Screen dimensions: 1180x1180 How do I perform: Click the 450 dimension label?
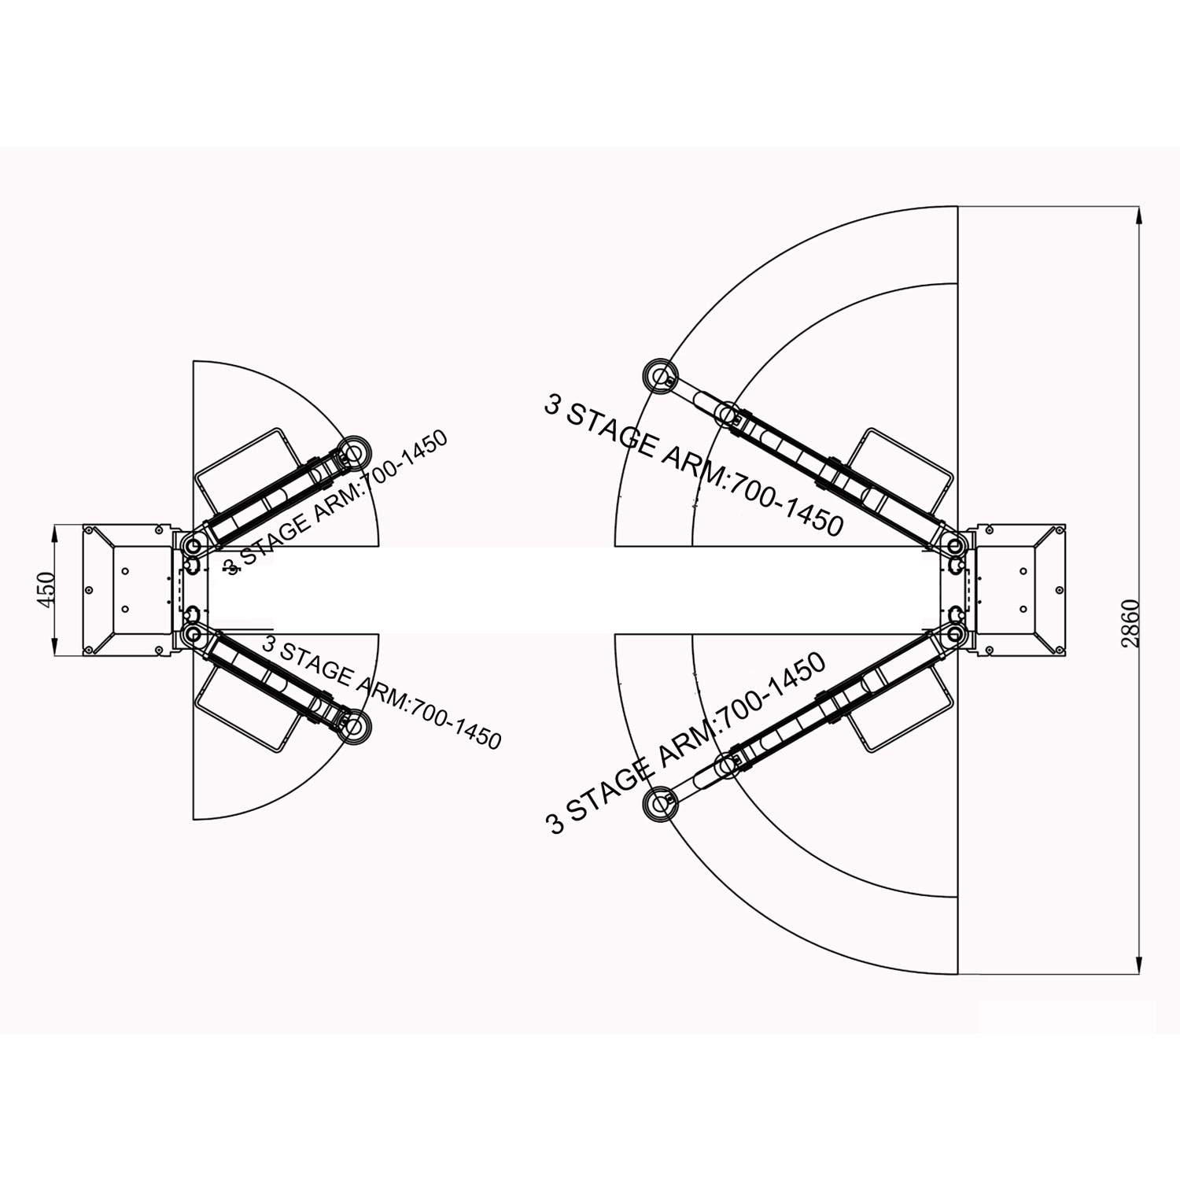tap(46, 589)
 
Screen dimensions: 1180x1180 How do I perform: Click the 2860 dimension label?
tap(1130, 623)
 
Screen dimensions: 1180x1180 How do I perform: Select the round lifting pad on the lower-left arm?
tap(352, 725)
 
